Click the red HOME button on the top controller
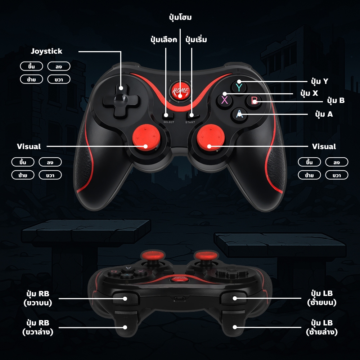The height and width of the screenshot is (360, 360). (180, 91)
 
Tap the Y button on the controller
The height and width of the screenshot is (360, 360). (239, 87)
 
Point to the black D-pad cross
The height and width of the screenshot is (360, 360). (121, 100)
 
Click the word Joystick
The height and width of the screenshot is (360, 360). (46, 51)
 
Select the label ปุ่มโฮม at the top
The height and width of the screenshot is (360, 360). (180, 17)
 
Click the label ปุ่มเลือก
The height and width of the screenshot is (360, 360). (164, 40)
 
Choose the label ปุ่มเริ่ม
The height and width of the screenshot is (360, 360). (196, 40)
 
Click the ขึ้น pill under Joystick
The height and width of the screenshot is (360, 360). (31, 66)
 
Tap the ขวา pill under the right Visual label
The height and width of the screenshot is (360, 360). (337, 175)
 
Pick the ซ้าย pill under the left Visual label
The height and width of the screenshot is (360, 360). (23, 175)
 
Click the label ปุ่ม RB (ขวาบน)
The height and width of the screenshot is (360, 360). (38, 298)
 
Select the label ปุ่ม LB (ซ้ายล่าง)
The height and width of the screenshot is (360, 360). (321, 327)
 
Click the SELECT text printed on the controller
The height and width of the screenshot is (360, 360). (169, 122)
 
